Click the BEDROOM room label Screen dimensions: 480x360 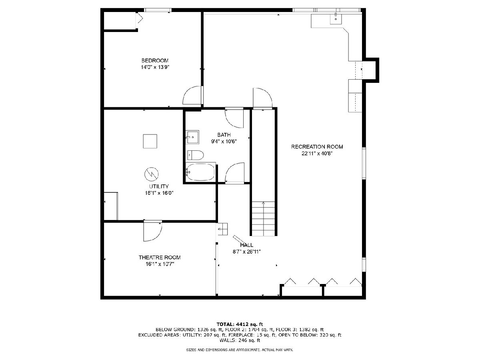[x=155, y=60]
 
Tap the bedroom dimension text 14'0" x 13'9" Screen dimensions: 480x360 [x=155, y=67]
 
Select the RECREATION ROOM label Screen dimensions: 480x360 [x=317, y=147]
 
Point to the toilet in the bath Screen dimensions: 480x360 [x=196, y=155]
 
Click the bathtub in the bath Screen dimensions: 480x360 [x=201, y=172]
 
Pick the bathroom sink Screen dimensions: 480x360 [x=192, y=137]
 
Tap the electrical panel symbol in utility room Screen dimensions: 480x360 [x=151, y=174]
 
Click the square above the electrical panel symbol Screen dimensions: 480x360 [x=150, y=141]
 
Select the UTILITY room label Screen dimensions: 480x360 [x=159, y=186]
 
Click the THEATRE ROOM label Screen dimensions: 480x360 [x=160, y=258]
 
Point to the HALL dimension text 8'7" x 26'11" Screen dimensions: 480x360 [x=247, y=252]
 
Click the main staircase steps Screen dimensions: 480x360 [x=264, y=218]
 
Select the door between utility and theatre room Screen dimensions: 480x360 [x=153, y=232]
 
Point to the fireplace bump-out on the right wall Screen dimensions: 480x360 [x=371, y=70]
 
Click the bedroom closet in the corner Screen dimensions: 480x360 [x=119, y=20]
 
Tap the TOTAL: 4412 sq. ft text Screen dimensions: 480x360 [x=240, y=324]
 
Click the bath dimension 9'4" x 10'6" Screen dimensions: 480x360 [x=224, y=142]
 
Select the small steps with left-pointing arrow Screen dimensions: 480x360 [x=223, y=229]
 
